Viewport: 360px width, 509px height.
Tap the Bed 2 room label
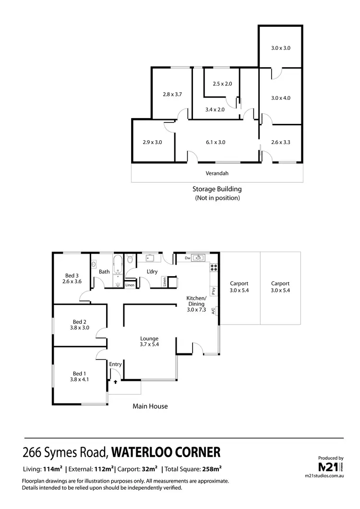[x=80, y=325]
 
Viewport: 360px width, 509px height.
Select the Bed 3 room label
[x=72, y=279]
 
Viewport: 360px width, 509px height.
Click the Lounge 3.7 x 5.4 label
[x=149, y=341]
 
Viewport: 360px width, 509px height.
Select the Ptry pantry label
[x=212, y=290]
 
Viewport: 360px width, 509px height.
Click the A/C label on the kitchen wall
[x=213, y=311]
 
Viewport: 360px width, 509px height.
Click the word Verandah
[x=217, y=173]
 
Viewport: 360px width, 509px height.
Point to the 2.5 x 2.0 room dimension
[x=222, y=84]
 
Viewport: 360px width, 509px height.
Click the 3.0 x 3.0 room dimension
[x=281, y=48]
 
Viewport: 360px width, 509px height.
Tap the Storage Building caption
[x=217, y=189]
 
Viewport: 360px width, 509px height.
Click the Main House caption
[x=150, y=406]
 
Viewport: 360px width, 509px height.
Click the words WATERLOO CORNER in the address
[x=166, y=452]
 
